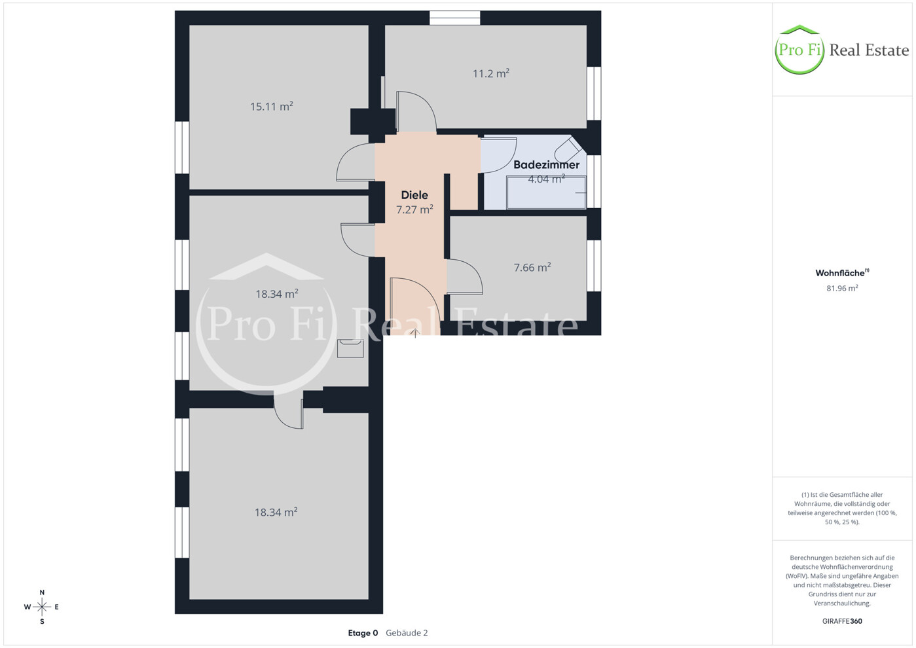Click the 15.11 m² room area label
272,106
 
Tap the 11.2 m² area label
490,73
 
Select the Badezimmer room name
546,165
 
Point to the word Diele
414,195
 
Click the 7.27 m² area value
414,209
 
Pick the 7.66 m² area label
532,267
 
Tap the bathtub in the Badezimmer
546,192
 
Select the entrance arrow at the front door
415,333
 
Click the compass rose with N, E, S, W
42,607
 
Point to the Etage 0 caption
363,633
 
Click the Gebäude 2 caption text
407,633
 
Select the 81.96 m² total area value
842,288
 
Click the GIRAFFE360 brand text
842,621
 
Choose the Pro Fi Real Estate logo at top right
841,50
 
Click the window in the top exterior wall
455,18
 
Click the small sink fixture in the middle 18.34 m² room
350,348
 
